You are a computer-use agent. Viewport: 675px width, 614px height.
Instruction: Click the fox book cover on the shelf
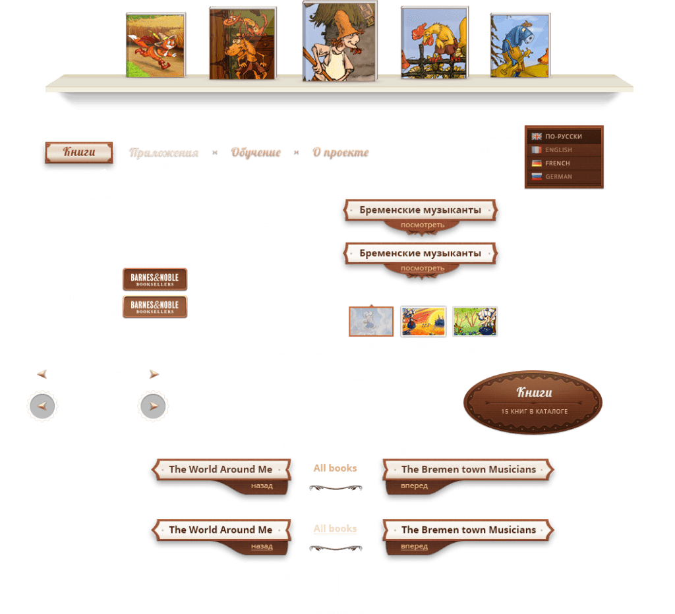156,45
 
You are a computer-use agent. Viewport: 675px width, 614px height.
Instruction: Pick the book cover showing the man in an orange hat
339,41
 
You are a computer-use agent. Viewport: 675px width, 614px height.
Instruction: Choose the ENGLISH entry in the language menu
558,150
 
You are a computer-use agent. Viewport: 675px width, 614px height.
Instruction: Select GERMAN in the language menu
558,177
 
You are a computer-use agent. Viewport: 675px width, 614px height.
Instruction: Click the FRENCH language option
557,163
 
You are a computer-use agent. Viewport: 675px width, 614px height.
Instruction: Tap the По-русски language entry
563,136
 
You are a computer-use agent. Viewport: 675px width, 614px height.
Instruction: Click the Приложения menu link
164,152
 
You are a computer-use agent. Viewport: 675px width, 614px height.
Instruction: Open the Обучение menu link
255,152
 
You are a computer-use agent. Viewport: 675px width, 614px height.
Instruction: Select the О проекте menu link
340,152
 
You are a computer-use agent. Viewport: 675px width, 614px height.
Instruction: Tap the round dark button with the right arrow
154,406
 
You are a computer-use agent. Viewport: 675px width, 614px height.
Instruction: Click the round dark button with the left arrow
42,406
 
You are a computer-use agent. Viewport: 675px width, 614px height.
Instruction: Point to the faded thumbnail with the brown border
371,321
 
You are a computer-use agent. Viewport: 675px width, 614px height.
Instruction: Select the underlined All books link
335,528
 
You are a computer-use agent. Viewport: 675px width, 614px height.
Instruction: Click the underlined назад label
262,546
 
